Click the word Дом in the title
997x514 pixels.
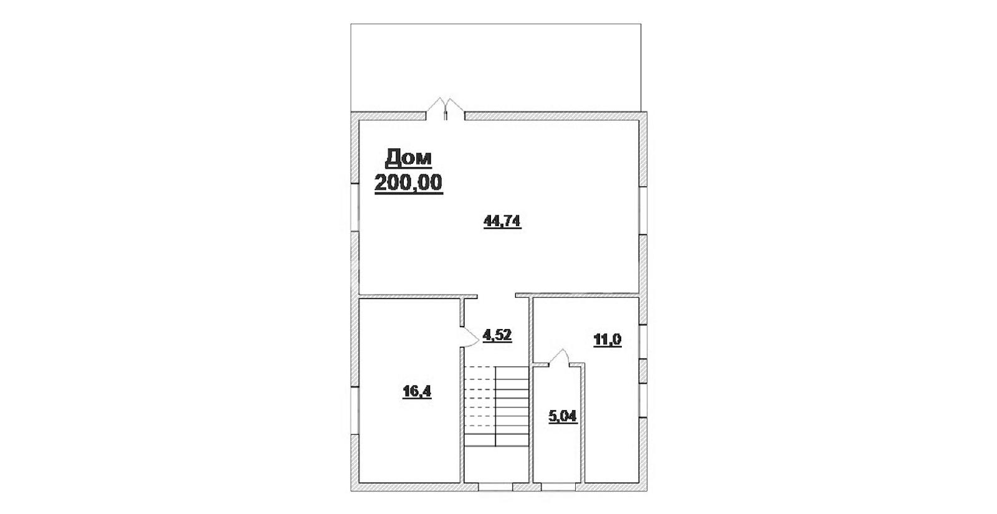tap(408, 158)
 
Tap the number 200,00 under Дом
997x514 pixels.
tap(409, 183)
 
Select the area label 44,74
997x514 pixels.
tap(502, 221)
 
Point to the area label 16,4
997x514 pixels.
tap(417, 391)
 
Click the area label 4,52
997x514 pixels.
tap(497, 335)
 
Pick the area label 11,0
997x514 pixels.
tap(608, 340)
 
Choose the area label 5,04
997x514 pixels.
tap(563, 417)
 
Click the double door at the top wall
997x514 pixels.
tap(446, 109)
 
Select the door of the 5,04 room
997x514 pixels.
tap(559, 358)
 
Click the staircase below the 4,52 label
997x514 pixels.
tap(496, 406)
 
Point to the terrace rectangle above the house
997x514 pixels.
tap(496, 67)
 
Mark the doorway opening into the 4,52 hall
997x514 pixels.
tap(496, 295)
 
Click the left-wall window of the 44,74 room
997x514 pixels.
tap(355, 207)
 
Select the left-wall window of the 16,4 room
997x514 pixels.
tap(355, 411)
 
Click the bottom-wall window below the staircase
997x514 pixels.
tap(495, 487)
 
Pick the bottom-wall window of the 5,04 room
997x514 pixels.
tap(558, 487)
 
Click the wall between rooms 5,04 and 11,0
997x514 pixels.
tap(583, 423)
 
